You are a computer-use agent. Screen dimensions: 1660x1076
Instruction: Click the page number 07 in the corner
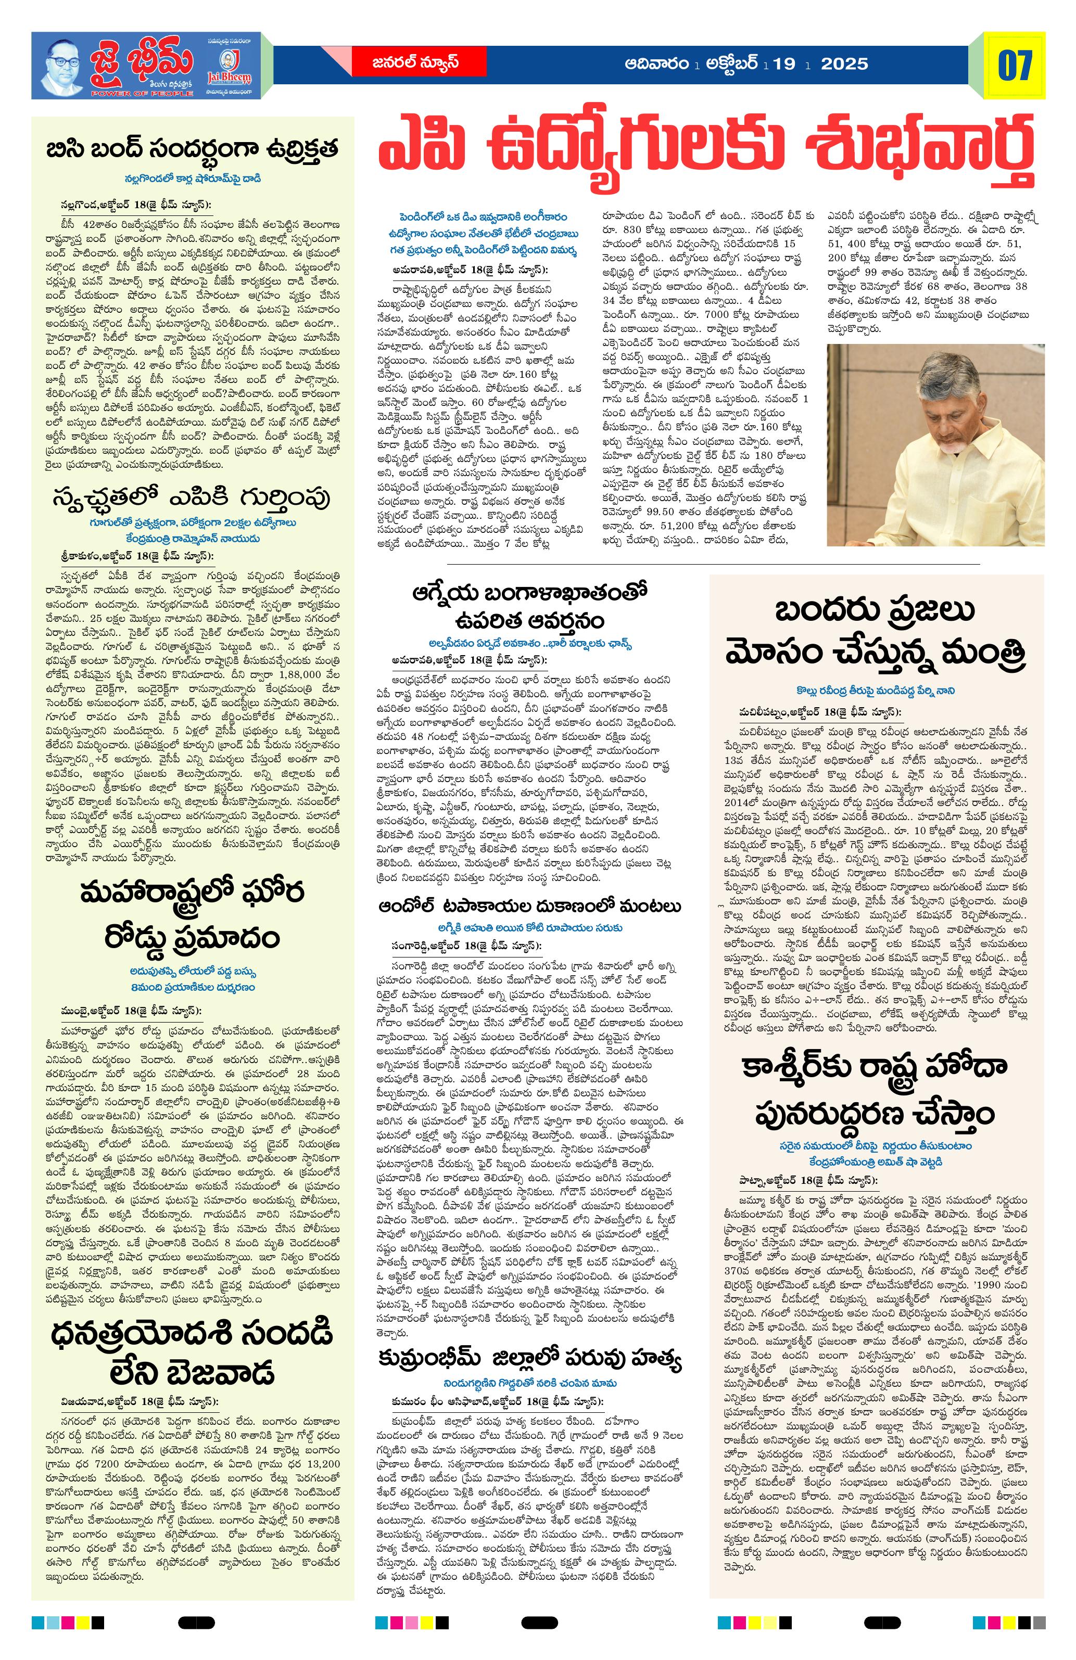(x=1015, y=66)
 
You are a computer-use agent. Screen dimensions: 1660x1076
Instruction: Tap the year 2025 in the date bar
(x=845, y=64)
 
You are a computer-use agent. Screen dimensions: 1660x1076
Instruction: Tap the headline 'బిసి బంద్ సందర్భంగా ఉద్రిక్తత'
(x=192, y=150)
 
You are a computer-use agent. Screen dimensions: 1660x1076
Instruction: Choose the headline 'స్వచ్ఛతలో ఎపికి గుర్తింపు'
(x=192, y=498)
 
